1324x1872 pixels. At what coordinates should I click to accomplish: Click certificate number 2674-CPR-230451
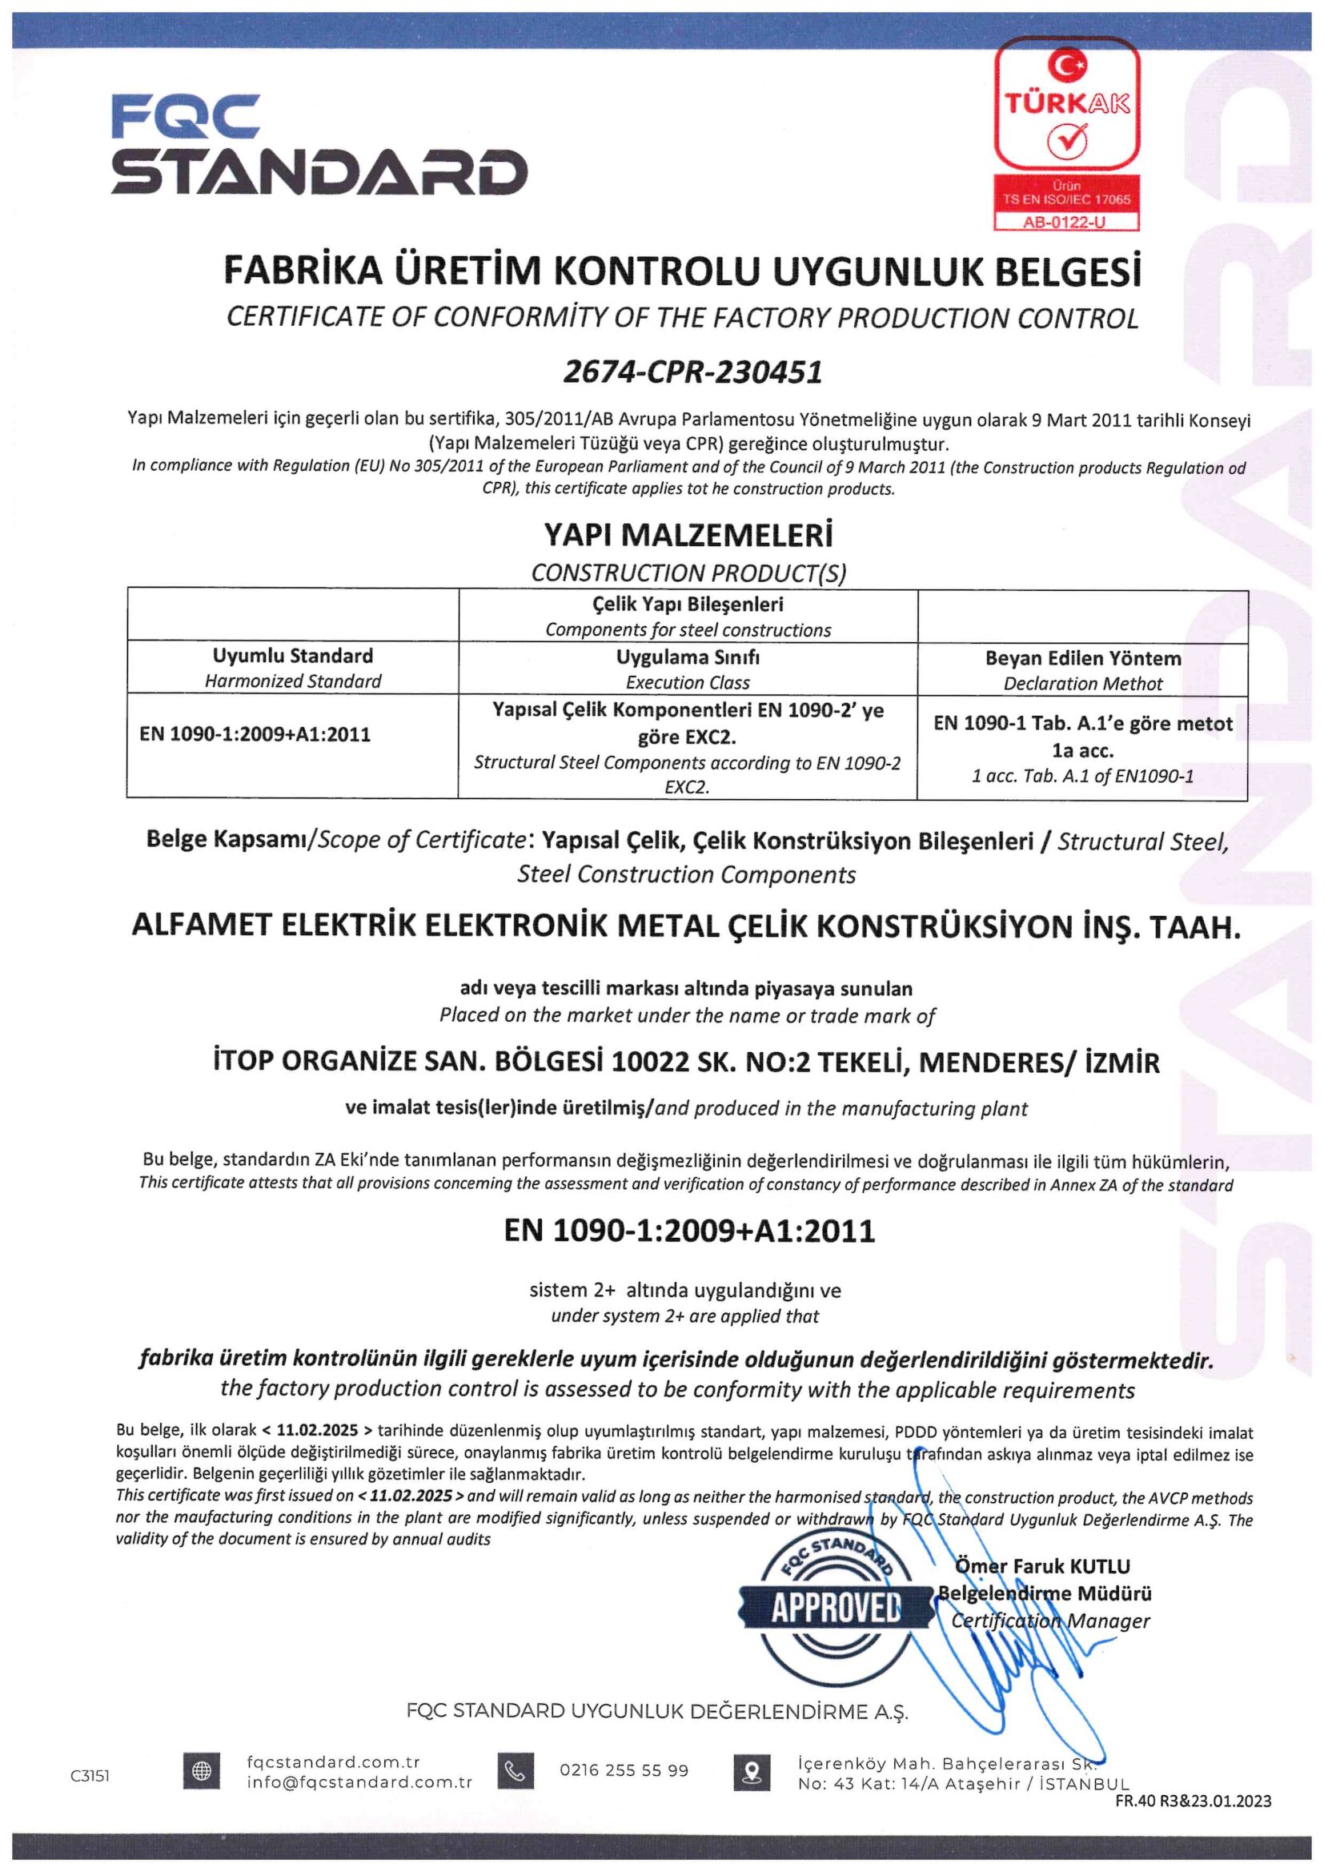pos(692,372)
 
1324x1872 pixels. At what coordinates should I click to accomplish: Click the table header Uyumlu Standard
pos(293,657)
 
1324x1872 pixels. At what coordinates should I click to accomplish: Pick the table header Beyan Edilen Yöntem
pos(1082,659)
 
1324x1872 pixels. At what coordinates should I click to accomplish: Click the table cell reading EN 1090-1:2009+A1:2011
pos(255,734)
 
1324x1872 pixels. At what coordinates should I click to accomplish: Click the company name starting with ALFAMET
pos(686,926)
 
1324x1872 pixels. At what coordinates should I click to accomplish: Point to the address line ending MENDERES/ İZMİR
pos(686,1063)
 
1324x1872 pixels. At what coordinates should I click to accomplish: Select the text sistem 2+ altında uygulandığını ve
pos(685,1291)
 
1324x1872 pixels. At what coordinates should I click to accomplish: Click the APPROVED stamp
pos(836,1607)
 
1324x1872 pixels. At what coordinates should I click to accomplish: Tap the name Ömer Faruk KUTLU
pos(1042,1566)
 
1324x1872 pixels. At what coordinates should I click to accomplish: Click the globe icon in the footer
pos(202,1772)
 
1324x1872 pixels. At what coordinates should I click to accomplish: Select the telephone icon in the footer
pos(516,1771)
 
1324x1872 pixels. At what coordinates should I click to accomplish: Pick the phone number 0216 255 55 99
pos(624,1771)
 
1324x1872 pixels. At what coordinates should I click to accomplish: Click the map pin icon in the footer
pos(752,1772)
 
